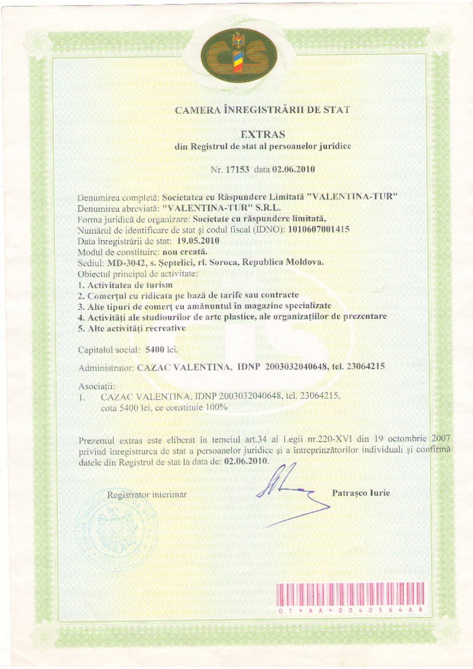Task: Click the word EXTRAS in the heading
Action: click(263, 134)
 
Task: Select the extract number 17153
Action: click(237, 169)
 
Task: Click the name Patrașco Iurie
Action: click(361, 493)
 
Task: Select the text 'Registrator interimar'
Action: click(147, 495)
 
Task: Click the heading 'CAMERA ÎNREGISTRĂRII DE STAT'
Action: click(262, 110)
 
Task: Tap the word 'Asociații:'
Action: click(96, 386)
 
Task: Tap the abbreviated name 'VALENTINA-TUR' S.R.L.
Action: click(221, 208)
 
